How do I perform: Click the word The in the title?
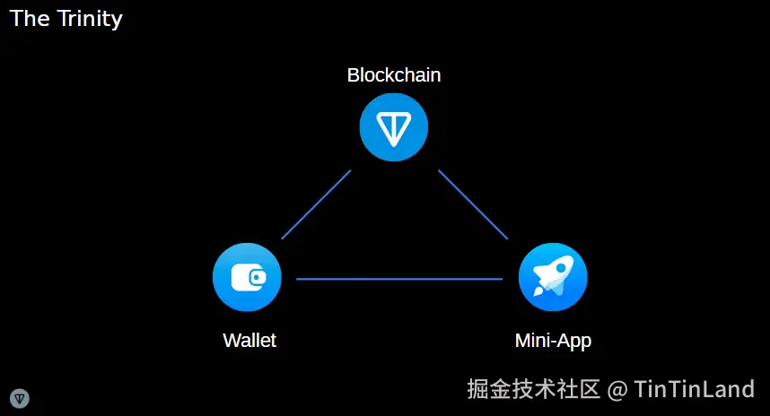[x=30, y=19]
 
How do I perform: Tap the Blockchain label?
[x=394, y=75]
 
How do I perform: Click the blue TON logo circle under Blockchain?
[x=394, y=128]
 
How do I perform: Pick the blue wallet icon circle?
[x=247, y=277]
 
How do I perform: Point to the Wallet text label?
[x=249, y=341]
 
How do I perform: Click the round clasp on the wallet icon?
[x=258, y=277]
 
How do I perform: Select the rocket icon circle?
[x=553, y=277]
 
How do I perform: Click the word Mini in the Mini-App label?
[x=531, y=341]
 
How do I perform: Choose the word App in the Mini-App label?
[x=574, y=342]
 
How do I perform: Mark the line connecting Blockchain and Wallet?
[x=316, y=204]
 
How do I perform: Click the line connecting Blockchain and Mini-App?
[x=473, y=204]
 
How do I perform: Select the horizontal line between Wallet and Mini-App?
[x=399, y=280]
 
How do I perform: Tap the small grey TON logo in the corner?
[x=20, y=398]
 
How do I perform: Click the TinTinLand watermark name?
[x=694, y=389]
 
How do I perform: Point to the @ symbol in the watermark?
[x=617, y=390]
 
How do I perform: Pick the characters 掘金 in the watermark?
[x=489, y=389]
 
